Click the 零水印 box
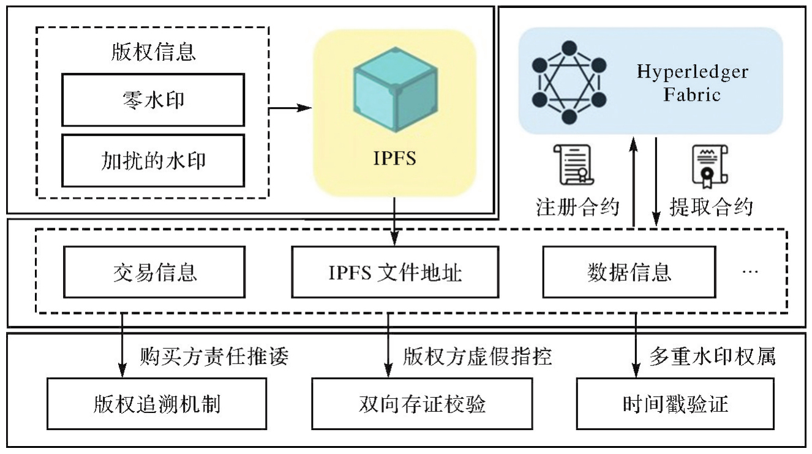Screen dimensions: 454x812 [153, 100]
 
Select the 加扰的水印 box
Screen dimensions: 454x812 [153, 160]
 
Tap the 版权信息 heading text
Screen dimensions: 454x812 [153, 52]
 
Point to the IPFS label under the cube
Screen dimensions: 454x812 [394, 158]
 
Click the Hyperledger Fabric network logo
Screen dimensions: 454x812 [569, 82]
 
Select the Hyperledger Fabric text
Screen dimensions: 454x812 [693, 83]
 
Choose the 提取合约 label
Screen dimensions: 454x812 [710, 207]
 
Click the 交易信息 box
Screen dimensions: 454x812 [154, 272]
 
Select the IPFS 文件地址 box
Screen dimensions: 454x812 [395, 272]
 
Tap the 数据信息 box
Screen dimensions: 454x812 [629, 272]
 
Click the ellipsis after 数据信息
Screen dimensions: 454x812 [750, 271]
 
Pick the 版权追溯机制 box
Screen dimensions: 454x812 [157, 404]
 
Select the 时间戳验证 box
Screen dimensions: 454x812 [675, 404]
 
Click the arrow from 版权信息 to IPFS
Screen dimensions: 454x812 [291, 108]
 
